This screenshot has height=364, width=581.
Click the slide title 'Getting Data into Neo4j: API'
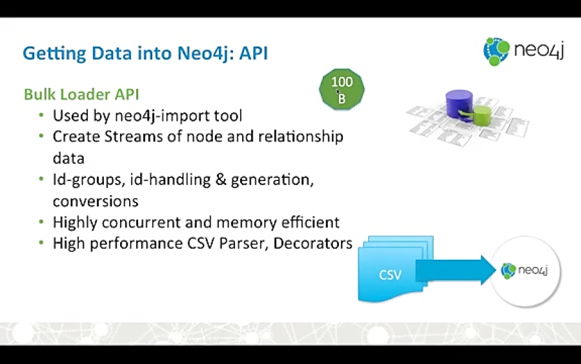coord(145,54)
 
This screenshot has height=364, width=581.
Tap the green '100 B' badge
coord(341,89)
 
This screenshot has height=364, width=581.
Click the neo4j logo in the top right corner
coord(524,50)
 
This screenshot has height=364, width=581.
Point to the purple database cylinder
coord(459,104)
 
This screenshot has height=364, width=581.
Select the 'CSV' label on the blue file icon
coord(390,275)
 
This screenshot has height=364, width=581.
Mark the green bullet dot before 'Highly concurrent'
coord(41,222)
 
